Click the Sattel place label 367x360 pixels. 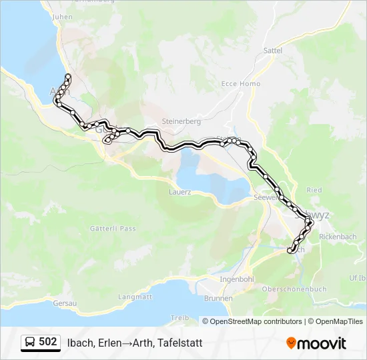pos(274,50)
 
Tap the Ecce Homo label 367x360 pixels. pos(241,84)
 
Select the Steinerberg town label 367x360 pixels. pos(177,121)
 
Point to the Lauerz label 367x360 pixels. pos(181,191)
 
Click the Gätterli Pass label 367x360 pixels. pos(113,228)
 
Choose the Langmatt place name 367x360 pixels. pos(135,296)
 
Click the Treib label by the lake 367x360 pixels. pos(180,317)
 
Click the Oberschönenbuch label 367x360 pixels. pos(294,289)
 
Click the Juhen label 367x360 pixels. pos(62,17)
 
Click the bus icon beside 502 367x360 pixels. pos(31,343)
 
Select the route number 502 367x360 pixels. pos(48,342)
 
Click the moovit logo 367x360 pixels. pos(316,343)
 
